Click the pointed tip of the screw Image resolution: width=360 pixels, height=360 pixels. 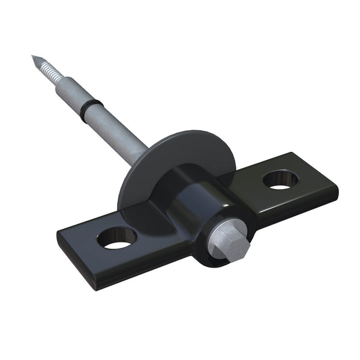coord(34,58)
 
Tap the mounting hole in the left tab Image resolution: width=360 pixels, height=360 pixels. coord(116,239)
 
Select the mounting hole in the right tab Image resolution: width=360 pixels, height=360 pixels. coord(280,178)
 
